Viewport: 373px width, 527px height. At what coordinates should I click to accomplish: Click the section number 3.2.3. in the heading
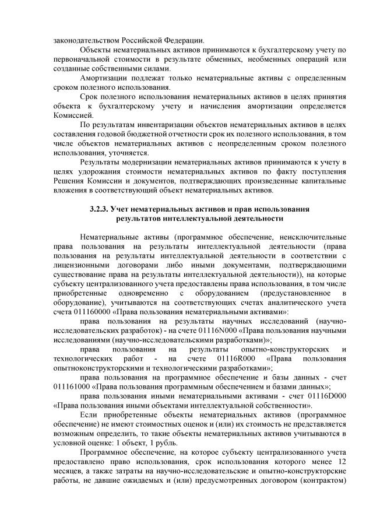pyautogui.click(x=100, y=209)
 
